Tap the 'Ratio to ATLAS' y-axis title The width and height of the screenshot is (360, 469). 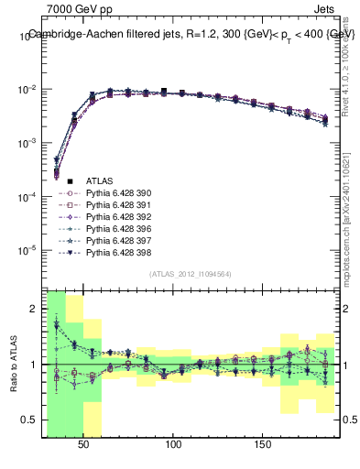12,364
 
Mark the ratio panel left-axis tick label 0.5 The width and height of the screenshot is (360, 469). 31,420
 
